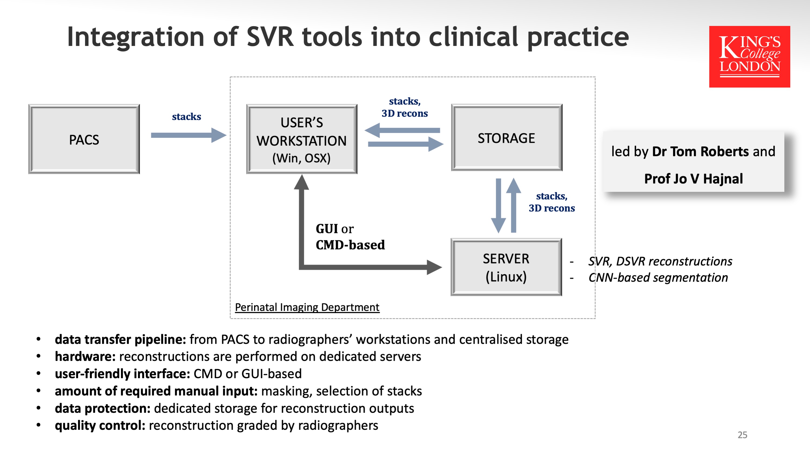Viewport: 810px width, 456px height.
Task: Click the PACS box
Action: click(84, 139)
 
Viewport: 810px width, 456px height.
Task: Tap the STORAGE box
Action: click(507, 138)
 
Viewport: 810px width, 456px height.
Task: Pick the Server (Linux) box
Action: click(506, 267)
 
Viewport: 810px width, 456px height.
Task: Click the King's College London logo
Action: click(749, 57)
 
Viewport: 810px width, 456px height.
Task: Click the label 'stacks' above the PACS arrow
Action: click(186, 117)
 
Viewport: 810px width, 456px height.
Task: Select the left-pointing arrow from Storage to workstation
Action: click(402, 130)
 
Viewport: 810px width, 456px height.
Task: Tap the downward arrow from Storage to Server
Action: click(498, 206)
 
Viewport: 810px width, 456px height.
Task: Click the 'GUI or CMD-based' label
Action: click(350, 237)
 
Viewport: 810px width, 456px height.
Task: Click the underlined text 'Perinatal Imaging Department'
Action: click(307, 307)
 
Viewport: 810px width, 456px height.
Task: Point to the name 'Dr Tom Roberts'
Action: click(700, 152)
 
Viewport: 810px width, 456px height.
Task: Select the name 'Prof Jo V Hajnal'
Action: click(693, 179)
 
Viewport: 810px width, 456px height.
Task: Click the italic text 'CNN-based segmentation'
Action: click(658, 278)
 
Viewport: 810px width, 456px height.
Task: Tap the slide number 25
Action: click(742, 435)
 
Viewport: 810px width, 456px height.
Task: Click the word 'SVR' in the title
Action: click(270, 37)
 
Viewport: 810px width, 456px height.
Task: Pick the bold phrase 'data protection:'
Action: click(103, 408)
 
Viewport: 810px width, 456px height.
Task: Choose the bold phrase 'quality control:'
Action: click(100, 425)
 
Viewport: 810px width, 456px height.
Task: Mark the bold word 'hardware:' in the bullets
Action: click(85, 357)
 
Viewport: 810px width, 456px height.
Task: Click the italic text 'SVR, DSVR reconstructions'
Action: click(660, 261)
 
